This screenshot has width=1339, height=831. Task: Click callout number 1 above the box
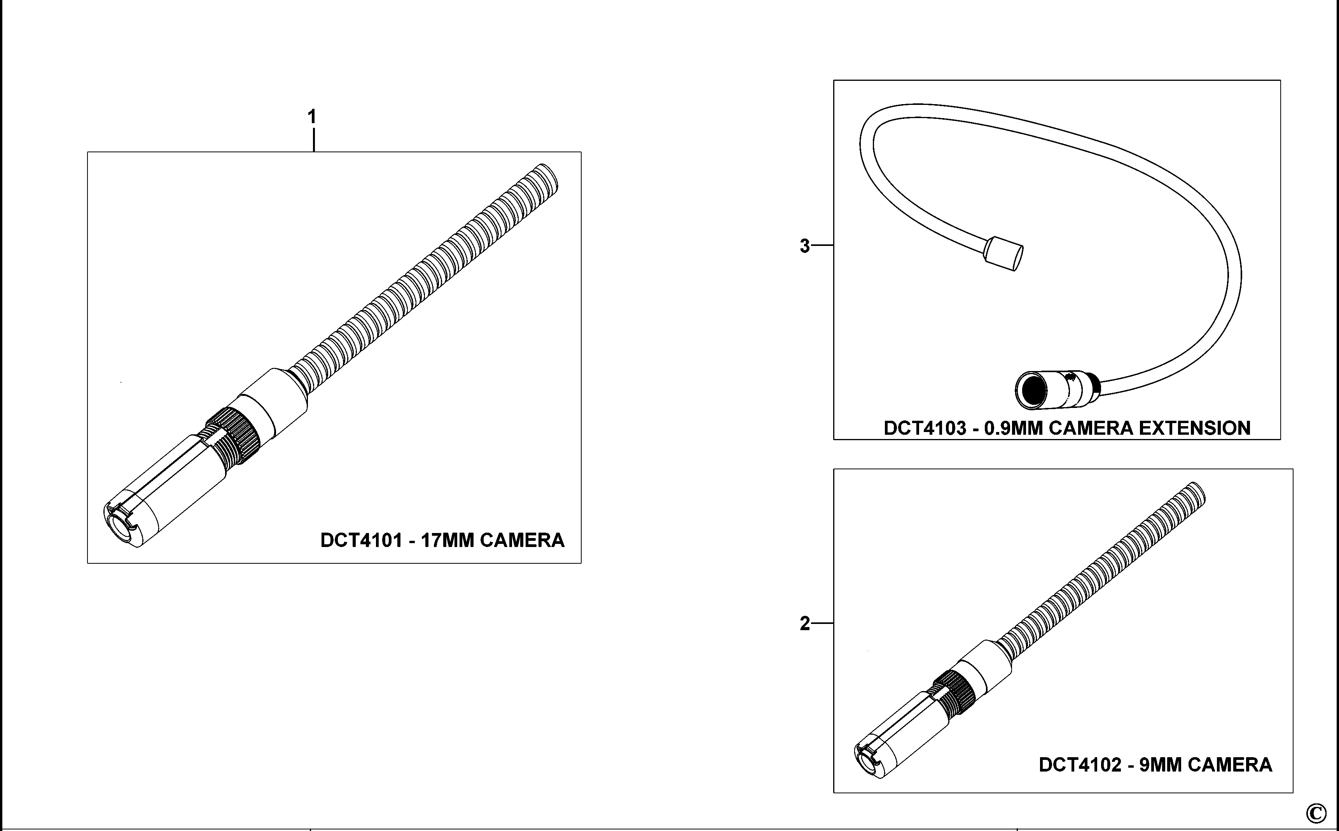312,117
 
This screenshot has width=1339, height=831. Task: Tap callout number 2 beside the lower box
804,624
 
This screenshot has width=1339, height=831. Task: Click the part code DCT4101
361,540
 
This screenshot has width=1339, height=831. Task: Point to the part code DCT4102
1079,765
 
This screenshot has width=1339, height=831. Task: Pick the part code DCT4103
925,428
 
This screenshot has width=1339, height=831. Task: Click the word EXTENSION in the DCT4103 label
1194,428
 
